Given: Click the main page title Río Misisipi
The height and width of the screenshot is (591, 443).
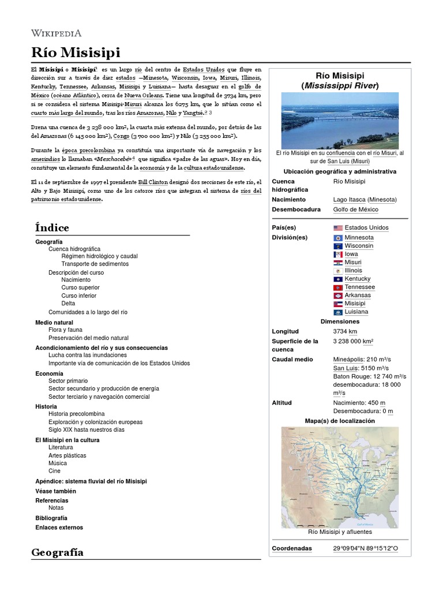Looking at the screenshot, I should click(x=76, y=53).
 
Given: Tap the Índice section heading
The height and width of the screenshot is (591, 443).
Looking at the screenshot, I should click(x=52, y=227).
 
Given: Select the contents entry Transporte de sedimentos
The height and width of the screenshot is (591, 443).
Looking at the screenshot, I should click(x=95, y=264).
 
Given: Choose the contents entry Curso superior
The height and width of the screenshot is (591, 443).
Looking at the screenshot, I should click(x=80, y=287).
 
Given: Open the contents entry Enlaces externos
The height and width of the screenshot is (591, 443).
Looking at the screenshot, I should click(x=59, y=528).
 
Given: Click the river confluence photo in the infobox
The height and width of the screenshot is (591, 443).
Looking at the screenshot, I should click(x=340, y=121).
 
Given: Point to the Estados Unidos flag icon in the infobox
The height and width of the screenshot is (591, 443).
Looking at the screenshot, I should click(x=338, y=228).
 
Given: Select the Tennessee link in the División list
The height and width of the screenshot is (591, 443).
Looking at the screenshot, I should click(x=359, y=287).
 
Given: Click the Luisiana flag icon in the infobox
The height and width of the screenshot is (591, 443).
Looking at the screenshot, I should click(x=338, y=312).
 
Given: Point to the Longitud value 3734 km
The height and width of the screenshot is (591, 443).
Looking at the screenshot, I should click(x=345, y=331).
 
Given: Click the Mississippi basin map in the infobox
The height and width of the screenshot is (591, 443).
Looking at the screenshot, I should click(x=340, y=476).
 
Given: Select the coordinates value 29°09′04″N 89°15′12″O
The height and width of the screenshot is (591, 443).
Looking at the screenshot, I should click(x=365, y=548).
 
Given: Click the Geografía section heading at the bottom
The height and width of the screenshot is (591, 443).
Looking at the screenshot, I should click(x=57, y=552).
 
